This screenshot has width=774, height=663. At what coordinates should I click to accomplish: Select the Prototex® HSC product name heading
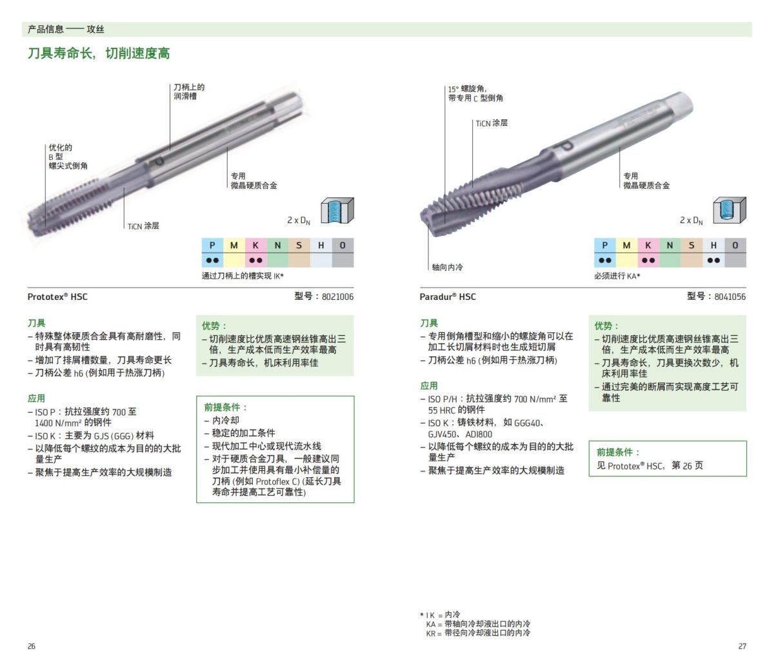tap(57, 297)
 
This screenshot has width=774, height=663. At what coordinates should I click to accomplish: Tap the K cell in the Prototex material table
tap(255, 245)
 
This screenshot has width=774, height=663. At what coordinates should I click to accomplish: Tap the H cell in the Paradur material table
tap(713, 245)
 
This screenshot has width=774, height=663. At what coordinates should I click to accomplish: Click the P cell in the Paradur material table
tap(604, 245)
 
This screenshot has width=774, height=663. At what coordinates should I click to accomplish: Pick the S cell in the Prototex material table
tap(299, 245)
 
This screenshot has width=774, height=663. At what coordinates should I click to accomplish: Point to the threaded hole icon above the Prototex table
tap(337, 211)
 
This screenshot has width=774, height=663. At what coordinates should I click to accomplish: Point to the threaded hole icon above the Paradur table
tap(729, 211)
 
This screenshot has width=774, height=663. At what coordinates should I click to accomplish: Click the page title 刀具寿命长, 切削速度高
tap(99, 54)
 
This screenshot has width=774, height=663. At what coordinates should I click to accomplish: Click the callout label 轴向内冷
tap(447, 267)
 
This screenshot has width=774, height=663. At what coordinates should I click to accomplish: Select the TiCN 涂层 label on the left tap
tap(143, 226)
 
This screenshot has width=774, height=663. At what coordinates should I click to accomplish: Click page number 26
tap(32, 646)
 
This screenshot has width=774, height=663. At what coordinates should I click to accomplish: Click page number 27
tap(742, 646)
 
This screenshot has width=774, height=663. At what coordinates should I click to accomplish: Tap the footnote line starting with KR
tap(478, 633)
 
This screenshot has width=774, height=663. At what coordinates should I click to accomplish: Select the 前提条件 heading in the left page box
tap(226, 407)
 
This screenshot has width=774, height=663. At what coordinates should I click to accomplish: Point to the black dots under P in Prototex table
tap(212, 261)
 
